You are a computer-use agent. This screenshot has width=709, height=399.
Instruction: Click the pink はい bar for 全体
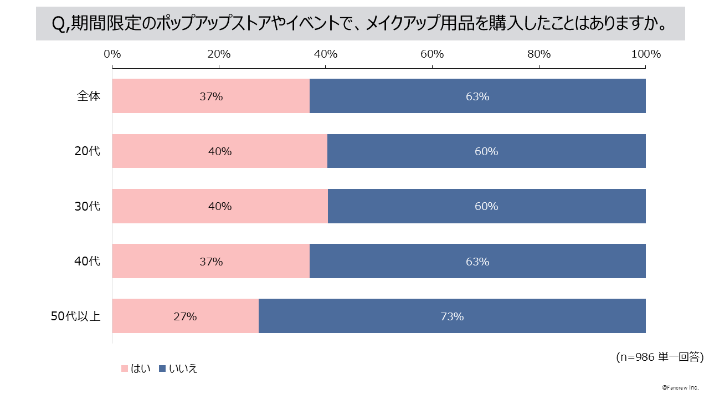coord(166,96)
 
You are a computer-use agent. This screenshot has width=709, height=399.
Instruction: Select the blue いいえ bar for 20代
coord(486,151)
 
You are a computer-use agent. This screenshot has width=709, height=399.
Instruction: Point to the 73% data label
coord(452,317)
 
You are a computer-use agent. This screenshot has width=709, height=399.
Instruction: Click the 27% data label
coord(185,317)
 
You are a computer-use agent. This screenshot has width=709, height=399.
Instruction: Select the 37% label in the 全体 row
coord(211,96)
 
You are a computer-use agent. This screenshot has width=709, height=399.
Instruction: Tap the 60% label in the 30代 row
coord(486,207)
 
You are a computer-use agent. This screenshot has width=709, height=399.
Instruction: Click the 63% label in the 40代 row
coord(477,262)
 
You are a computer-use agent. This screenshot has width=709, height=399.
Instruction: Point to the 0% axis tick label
coord(112,54)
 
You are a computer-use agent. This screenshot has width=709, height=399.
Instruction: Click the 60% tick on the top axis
coord(432,54)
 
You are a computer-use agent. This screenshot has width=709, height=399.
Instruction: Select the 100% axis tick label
coord(646,54)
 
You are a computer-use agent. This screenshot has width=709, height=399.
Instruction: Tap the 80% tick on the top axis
coord(539,54)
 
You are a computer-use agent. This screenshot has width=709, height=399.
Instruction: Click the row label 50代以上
coord(76,316)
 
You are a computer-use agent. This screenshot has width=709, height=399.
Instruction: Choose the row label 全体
coord(89,96)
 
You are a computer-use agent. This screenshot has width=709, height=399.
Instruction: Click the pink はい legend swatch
coord(125,369)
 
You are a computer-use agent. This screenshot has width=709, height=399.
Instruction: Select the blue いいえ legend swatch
coord(162,369)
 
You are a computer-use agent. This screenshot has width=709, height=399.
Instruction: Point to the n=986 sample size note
coord(660,357)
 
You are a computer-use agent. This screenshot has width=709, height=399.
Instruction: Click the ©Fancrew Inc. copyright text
coord(680,387)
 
